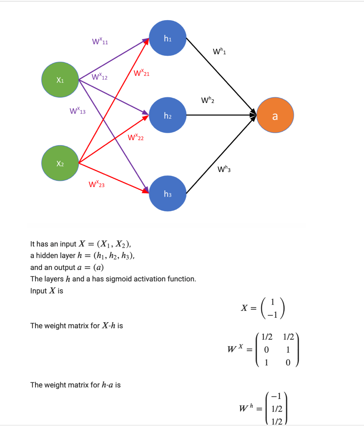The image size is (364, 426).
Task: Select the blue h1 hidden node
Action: click(168, 39)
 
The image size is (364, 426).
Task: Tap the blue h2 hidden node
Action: click(168, 116)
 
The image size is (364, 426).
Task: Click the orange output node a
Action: click(275, 116)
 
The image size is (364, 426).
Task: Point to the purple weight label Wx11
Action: click(100, 42)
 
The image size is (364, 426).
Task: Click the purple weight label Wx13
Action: click(78, 111)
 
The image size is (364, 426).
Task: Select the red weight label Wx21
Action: click(142, 74)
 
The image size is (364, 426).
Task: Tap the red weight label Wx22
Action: click(136, 138)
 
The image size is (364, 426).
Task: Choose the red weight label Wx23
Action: click(97, 184)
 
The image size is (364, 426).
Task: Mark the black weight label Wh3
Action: click(224, 169)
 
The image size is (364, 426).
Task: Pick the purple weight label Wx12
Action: click(100, 77)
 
